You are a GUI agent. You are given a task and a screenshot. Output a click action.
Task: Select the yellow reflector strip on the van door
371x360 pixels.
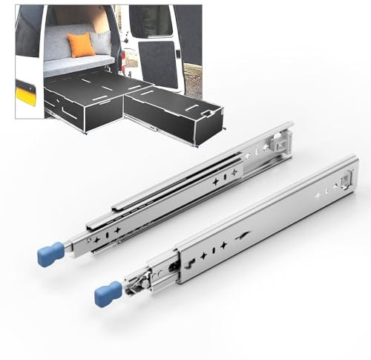[x=25, y=94]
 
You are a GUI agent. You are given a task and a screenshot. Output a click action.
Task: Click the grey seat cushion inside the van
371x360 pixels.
[x=78, y=63]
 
